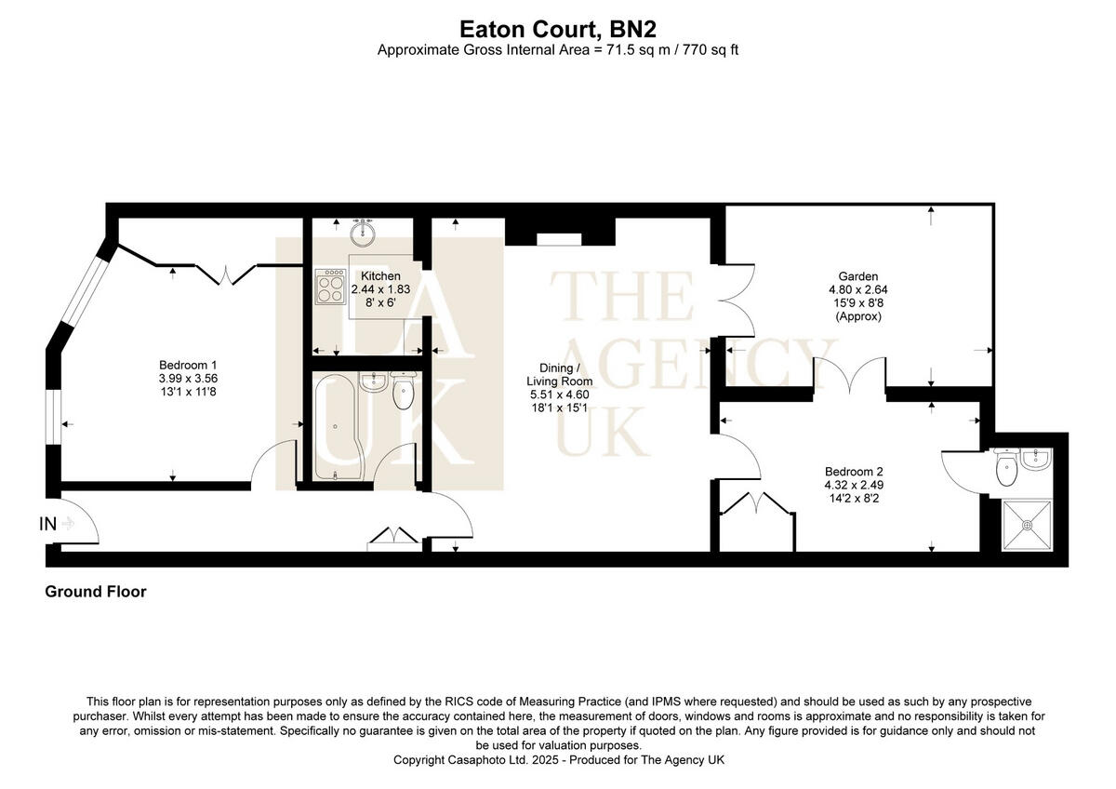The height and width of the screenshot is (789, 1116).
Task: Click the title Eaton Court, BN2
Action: pyautogui.click(x=558, y=28)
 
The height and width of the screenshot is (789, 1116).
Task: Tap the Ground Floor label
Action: pyautogui.click(x=96, y=592)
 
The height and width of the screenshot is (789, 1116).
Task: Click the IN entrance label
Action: pyautogui.click(x=47, y=524)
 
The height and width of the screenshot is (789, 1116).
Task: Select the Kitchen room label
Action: pyautogui.click(x=380, y=276)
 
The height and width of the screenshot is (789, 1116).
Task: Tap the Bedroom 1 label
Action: pyautogui.click(x=188, y=365)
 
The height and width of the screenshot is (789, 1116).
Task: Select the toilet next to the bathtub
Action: pyautogui.click(x=403, y=392)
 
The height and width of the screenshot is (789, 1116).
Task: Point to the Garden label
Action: pyautogui.click(x=857, y=276)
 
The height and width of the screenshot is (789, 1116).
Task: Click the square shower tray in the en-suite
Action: pyautogui.click(x=1028, y=525)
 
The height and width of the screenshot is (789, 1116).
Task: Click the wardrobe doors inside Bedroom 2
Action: pyautogui.click(x=758, y=508)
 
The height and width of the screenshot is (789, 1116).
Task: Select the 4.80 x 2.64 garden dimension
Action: pyautogui.click(x=857, y=289)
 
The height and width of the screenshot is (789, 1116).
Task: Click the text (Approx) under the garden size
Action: pyautogui.click(x=857, y=316)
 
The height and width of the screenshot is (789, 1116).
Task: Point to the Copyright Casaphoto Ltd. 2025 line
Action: pyautogui.click(x=558, y=760)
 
